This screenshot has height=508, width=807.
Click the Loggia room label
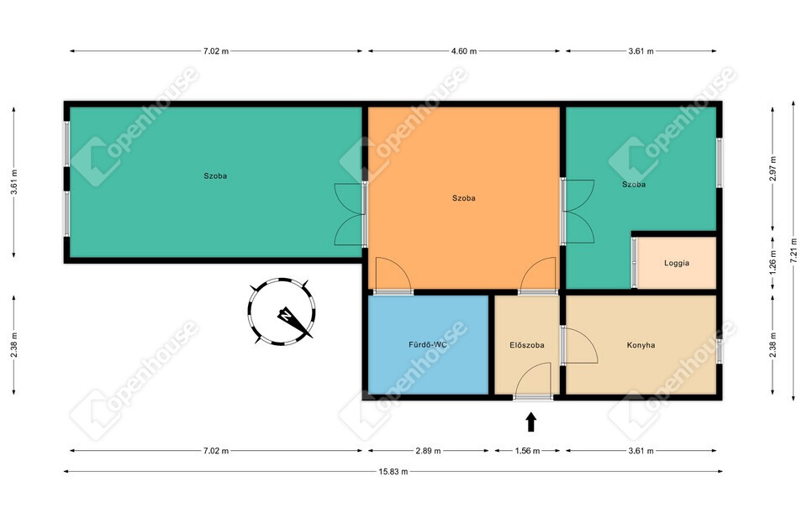point(676,263)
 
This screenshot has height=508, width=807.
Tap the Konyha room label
point(641,345)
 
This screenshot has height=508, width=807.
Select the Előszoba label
point(526,345)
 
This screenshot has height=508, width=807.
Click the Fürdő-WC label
point(428,344)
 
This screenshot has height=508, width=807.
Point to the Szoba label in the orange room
point(464,198)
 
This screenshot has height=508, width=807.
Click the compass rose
point(282,312)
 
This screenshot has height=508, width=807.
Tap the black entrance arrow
point(531,422)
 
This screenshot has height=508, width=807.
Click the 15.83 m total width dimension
point(393,471)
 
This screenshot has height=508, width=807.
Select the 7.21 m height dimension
point(793,250)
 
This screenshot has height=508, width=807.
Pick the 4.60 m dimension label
point(464,51)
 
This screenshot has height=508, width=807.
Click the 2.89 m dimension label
point(428,451)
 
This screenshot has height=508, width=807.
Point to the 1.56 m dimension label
point(528,451)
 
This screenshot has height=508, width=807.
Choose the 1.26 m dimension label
point(773,262)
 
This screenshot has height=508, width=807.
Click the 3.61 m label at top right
point(641,51)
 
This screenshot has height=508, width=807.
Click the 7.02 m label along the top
point(216,51)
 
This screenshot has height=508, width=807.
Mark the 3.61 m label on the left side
point(14,181)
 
